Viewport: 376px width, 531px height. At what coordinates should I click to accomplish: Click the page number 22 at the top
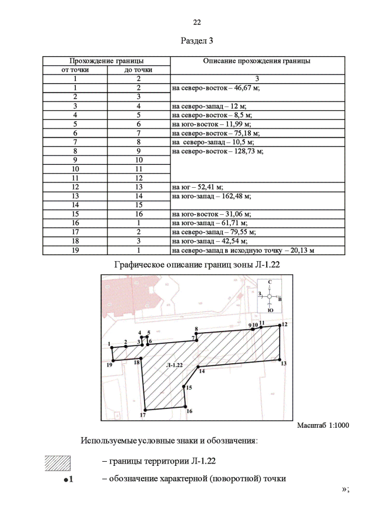pos(197,23)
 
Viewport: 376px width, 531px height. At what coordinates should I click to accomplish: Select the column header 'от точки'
pos(75,70)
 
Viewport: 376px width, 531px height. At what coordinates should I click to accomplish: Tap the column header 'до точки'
pos(139,70)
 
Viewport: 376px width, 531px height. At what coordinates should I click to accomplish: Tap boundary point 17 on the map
pos(144,410)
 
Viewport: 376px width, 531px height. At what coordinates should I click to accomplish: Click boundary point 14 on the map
pos(199,367)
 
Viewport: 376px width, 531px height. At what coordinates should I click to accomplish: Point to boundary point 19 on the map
pos(113,360)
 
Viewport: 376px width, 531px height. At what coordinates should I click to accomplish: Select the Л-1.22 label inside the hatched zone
pos(175,365)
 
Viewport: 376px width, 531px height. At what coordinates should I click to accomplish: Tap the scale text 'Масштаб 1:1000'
pos(323,425)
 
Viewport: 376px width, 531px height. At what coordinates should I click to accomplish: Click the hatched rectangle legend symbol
pos(58,462)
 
